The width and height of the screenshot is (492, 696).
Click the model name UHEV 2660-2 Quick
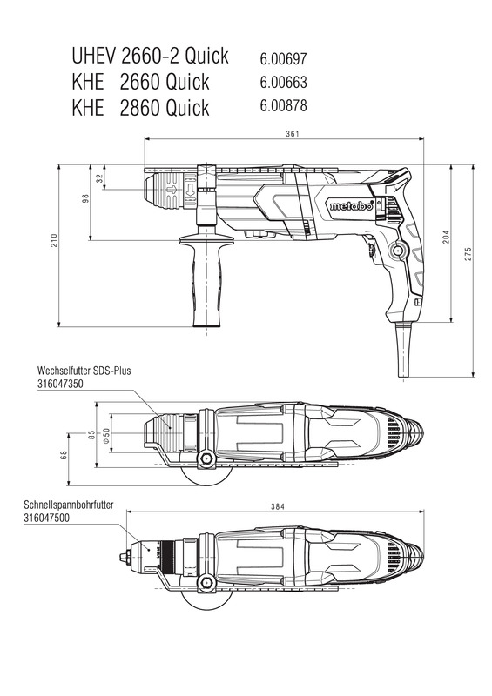coord(151,56)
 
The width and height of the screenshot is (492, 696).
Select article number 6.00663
coord(284,82)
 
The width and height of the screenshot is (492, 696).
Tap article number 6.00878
coord(284,105)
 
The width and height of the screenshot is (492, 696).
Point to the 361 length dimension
coord(293,134)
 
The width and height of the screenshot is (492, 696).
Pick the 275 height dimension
coord(468,254)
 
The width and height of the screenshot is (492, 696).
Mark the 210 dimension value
coord(54,240)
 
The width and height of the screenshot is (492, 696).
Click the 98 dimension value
coord(86,198)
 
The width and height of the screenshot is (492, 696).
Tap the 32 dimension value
coord(99,178)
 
